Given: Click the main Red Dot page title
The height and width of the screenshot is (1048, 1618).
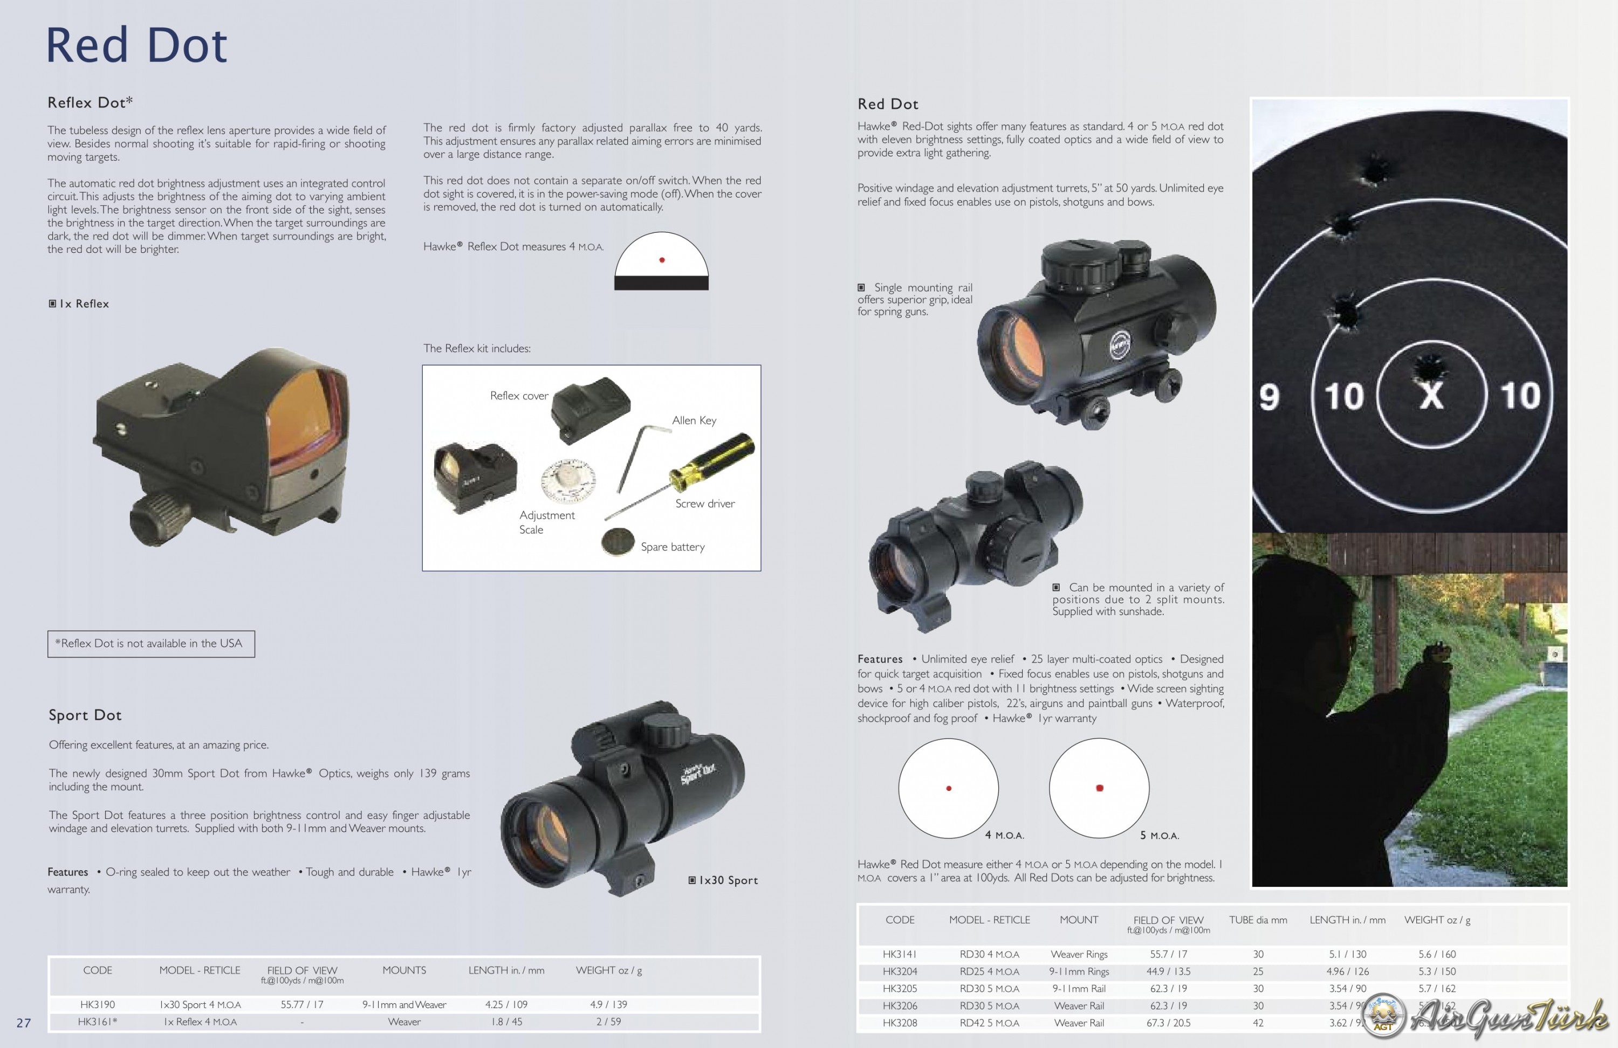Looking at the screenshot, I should tap(136, 46).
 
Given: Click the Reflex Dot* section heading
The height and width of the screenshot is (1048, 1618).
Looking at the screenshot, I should tap(90, 102).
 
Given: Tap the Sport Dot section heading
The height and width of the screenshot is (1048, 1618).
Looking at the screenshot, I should tap(85, 715).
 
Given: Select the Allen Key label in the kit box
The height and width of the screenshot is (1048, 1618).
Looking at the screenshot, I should tap(694, 420).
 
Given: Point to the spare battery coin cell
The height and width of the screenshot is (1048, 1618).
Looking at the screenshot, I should tap(618, 542).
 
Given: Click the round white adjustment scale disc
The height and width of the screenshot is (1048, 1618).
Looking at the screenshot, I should tap(568, 480).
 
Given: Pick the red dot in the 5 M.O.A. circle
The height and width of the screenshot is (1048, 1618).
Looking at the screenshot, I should tap(1099, 788).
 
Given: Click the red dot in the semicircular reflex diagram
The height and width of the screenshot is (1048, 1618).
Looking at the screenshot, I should tap(661, 260).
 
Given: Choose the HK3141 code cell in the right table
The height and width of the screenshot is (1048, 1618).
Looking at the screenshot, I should tap(900, 954).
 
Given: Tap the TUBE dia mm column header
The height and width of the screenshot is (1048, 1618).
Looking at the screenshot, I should tap(1258, 920).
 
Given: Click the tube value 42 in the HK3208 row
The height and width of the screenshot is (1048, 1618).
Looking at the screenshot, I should tap(1258, 1023).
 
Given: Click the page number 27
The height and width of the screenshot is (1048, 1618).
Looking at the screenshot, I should tap(24, 1023).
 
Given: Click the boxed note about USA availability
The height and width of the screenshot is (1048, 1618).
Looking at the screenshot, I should tap(151, 644).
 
